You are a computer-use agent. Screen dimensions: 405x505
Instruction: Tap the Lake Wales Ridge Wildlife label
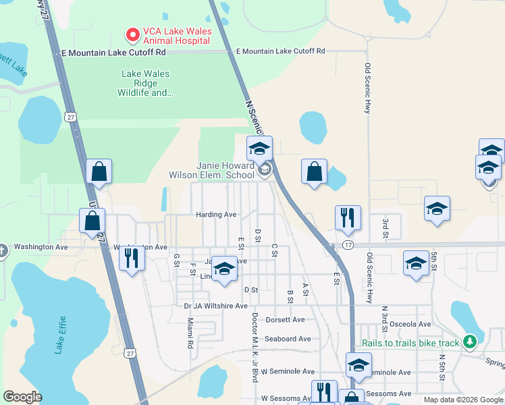[145, 83]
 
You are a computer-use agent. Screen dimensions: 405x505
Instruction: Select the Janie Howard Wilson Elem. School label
[225, 170]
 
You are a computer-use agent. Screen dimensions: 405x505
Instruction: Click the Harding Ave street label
[216, 215]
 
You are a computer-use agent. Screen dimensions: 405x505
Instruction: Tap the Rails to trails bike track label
[410, 343]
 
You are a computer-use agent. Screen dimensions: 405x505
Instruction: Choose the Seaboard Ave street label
[288, 338]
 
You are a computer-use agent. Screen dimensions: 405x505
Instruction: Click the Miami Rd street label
[190, 333]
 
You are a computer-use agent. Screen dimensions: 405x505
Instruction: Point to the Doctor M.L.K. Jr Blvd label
[255, 348]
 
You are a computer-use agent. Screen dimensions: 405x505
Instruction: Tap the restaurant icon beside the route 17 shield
[348, 217]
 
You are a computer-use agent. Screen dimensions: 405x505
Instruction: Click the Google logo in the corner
[22, 396]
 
